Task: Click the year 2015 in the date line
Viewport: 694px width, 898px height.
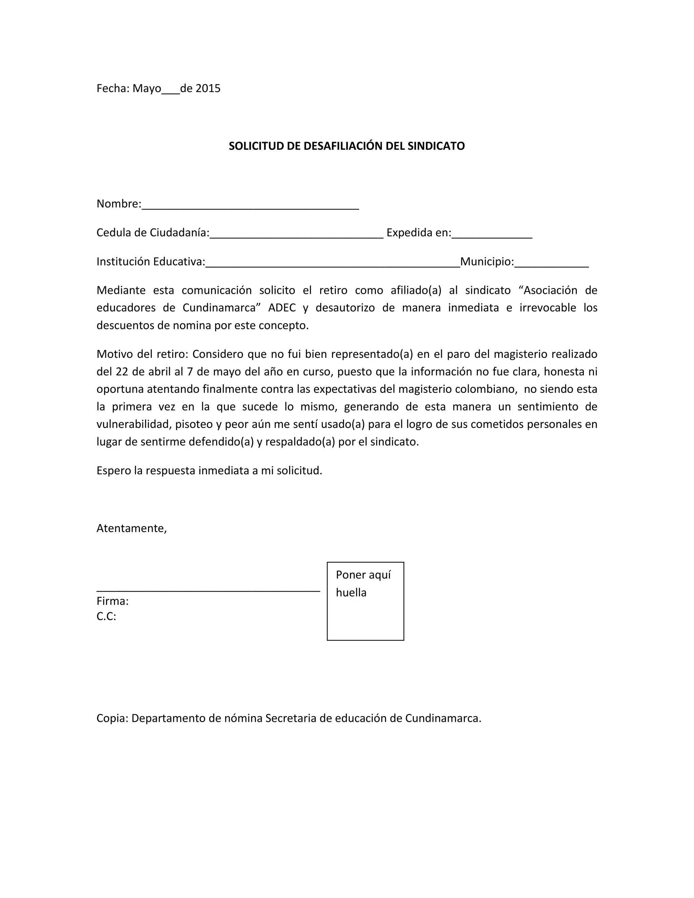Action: click(x=208, y=88)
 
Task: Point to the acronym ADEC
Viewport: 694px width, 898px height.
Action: click(x=282, y=308)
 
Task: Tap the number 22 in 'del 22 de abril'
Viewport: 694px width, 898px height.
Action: click(x=122, y=372)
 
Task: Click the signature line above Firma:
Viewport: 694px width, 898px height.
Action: click(x=208, y=590)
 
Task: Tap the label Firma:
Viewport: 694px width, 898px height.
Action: click(x=113, y=601)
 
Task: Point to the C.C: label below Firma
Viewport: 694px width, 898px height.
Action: click(x=106, y=616)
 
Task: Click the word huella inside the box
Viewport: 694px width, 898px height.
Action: click(x=351, y=592)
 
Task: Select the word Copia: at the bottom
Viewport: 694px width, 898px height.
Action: click(x=113, y=718)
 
